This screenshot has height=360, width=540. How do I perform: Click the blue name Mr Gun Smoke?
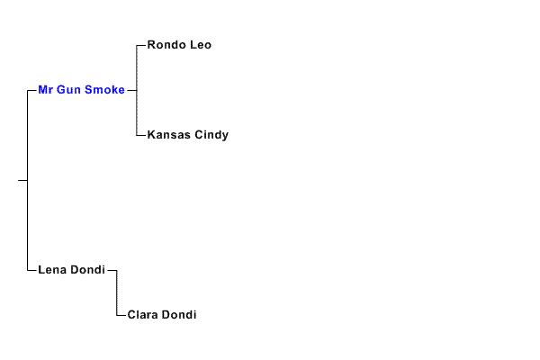(x=81, y=90)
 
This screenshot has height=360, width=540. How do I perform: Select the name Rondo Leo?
(x=179, y=45)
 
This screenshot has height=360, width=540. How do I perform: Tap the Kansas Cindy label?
(x=187, y=135)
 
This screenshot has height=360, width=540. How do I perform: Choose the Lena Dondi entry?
(x=71, y=269)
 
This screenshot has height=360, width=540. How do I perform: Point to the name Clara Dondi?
(x=162, y=315)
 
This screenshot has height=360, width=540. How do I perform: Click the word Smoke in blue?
(x=105, y=90)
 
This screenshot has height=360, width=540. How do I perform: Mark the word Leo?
(x=202, y=45)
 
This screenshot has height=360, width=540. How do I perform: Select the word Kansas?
(x=168, y=135)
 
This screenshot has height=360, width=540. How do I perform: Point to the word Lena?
(x=52, y=269)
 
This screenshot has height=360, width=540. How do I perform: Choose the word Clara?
(x=143, y=315)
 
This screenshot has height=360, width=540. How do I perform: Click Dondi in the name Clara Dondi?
(x=180, y=315)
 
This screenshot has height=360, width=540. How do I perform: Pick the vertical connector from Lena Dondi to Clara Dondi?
(x=117, y=292)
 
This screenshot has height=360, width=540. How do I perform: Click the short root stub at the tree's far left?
(x=22, y=180)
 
